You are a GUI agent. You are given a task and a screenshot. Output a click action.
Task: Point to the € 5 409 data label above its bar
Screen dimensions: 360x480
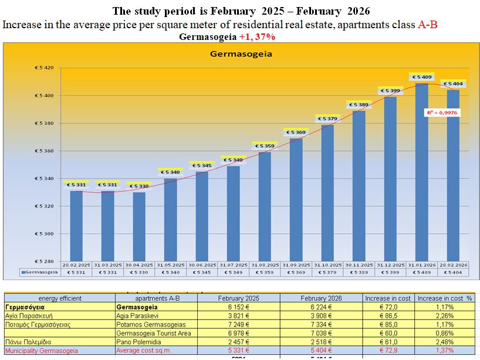pyautogui.click(x=422, y=77)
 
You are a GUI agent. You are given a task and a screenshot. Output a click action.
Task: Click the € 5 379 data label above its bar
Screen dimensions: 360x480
pyautogui.click(x=327, y=119)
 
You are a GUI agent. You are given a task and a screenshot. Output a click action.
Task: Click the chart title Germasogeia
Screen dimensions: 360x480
pyautogui.click(x=241, y=55)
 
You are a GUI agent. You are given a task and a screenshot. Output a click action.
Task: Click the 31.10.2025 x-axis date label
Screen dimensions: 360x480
pyautogui.click(x=327, y=265)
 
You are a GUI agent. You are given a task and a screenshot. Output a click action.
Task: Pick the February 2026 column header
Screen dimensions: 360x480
pyautogui.click(x=320, y=298)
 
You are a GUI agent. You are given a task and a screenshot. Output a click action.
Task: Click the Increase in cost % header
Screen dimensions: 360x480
pyautogui.click(x=445, y=298)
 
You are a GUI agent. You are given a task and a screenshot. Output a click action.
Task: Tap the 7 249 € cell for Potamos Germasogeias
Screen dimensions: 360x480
pyautogui.click(x=238, y=324)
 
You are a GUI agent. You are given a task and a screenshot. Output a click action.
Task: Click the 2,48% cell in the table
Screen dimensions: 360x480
pyautogui.click(x=445, y=342)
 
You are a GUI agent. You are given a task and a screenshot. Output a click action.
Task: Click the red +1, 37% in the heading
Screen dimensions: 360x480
pyautogui.click(x=257, y=36)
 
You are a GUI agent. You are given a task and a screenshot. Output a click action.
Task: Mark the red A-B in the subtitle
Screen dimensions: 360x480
pyautogui.click(x=428, y=25)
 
